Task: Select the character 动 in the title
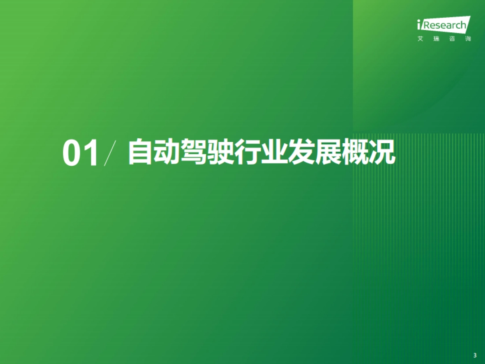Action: click(x=167, y=152)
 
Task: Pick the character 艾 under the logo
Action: click(x=420, y=39)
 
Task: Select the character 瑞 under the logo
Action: click(x=436, y=39)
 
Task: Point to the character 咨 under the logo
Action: click(x=452, y=39)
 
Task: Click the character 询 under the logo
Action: click(x=468, y=39)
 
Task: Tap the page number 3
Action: click(x=474, y=355)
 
